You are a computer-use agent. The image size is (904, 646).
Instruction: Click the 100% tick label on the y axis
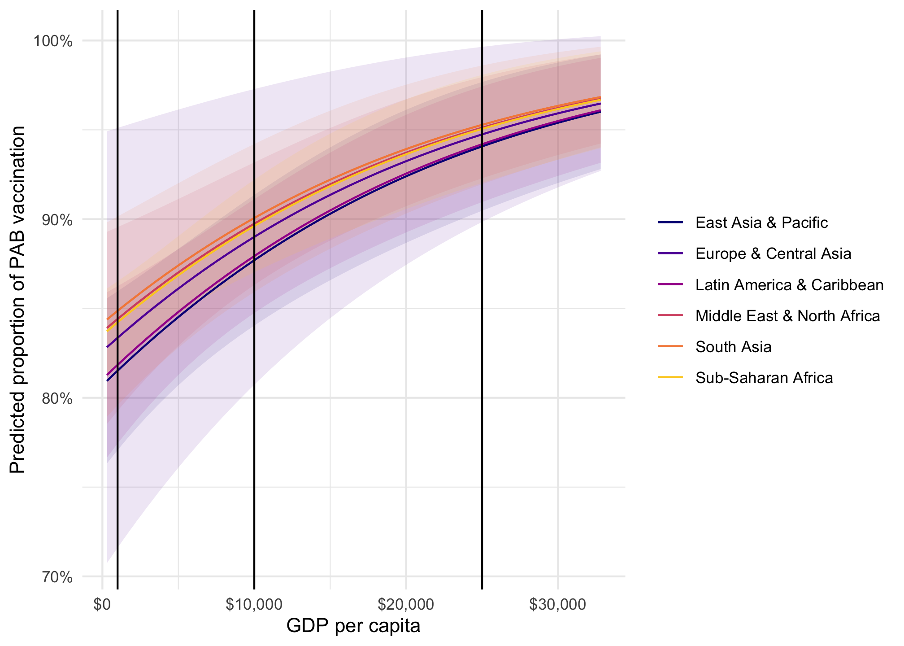pos(52,41)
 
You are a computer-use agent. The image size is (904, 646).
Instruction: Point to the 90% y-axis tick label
pos(56,220)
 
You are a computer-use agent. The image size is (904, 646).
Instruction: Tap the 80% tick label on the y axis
pos(56,398)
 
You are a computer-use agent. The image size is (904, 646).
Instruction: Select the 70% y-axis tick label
pos(56,576)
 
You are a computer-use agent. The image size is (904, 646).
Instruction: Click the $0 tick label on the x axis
pos(102,605)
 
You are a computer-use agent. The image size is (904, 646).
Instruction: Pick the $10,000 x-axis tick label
pos(254,605)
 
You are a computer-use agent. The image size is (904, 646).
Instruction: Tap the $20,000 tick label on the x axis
pos(406,605)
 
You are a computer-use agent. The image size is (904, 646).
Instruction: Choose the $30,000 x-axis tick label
pos(557,605)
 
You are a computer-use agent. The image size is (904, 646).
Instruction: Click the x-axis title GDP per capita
pos(353,626)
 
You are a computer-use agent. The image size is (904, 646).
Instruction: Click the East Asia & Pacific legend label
pos(761,223)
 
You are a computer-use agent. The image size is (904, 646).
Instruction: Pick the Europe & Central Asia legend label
pos(773,254)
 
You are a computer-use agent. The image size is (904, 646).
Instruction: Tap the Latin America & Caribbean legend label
pos(789,285)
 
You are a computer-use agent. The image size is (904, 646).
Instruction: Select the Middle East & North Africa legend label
pos(787,316)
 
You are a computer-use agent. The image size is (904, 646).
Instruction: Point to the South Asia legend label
pos(733,347)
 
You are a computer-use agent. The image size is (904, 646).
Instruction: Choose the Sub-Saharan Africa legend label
pos(764,378)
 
